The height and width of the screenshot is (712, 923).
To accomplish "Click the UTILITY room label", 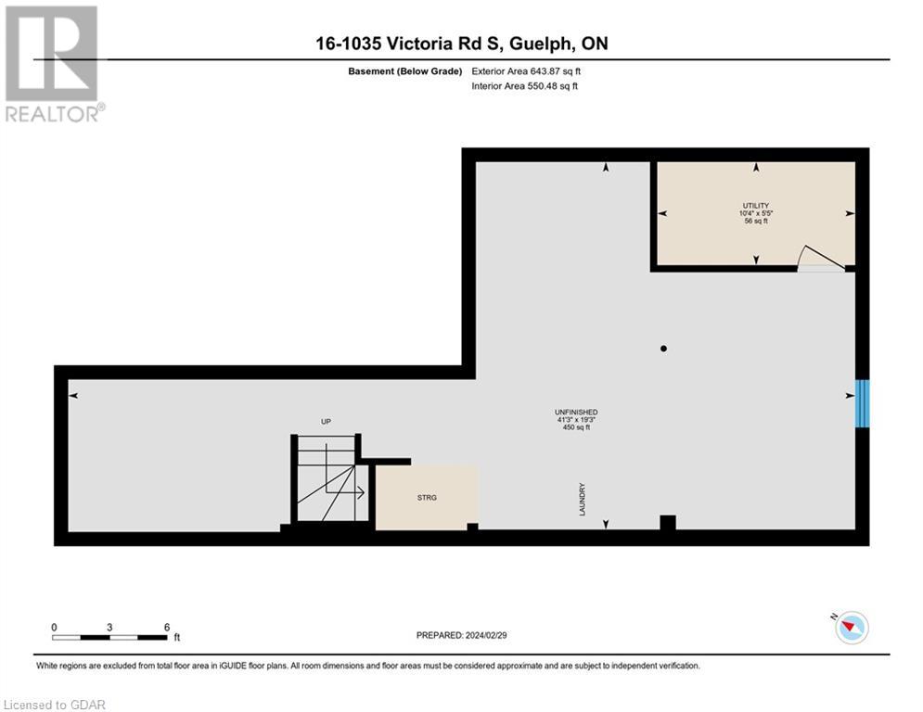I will point(756,205).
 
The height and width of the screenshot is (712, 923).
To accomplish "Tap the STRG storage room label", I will point(427,498).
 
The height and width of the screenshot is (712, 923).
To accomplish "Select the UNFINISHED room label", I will point(576,412).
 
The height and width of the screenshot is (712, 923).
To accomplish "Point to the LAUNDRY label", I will point(583,499).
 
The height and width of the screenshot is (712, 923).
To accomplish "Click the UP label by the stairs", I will point(326,422).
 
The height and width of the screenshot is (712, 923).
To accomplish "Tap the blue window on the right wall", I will point(862,403).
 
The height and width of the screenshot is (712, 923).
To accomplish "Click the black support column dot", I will point(663,349).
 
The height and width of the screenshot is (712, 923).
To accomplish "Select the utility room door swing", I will point(820,259).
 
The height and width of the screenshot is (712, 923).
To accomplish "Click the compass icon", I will point(851,628).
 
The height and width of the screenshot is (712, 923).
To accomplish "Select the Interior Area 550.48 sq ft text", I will point(524,86).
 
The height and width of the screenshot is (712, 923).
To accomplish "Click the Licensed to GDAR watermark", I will point(55,705).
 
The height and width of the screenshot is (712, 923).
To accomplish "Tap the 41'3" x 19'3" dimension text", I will point(576,420).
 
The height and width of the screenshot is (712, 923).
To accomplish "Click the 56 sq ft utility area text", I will point(756,222).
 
